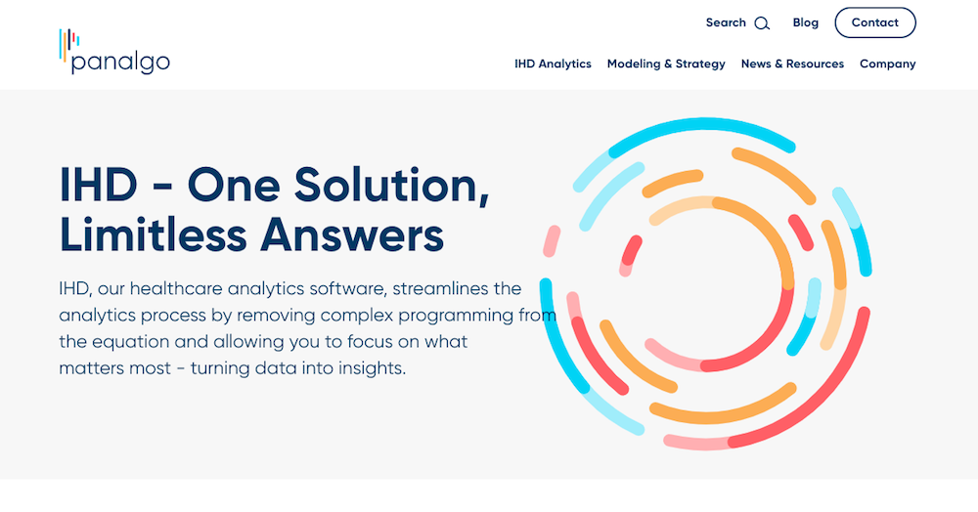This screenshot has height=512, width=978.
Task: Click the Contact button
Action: point(875,22)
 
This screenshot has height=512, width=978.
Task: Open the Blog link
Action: point(805,22)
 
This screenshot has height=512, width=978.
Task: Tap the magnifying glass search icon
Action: point(762,23)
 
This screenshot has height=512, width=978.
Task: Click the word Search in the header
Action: point(726,22)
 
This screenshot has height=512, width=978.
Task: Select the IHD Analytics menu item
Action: point(553,64)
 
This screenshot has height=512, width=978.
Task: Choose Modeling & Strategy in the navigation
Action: point(666,64)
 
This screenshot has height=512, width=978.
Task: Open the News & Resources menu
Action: point(792,64)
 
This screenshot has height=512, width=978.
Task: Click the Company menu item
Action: point(888,64)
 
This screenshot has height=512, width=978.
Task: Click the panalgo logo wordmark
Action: point(120,63)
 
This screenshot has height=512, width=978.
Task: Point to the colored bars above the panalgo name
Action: point(68,44)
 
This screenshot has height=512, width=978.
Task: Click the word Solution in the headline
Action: point(391,185)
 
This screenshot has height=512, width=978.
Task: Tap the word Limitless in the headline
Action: point(153,235)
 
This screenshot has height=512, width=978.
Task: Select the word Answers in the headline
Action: point(352,235)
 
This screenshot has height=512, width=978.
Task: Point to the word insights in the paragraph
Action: point(372,368)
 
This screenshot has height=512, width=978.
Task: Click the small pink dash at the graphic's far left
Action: point(552,241)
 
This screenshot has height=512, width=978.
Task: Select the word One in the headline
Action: point(234,185)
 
